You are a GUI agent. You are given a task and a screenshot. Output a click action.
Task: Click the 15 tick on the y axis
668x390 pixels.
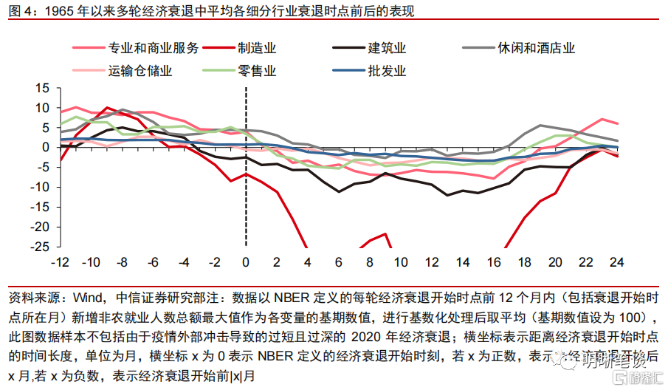[x=42, y=88]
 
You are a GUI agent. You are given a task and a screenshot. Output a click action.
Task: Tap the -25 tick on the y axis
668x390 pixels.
[x=39, y=247]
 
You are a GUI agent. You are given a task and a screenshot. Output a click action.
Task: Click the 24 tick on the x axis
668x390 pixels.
[x=617, y=263]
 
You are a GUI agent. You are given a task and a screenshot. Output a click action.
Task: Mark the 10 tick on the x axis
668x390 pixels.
[x=400, y=263]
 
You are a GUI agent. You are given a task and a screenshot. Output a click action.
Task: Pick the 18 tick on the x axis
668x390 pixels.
[x=524, y=263]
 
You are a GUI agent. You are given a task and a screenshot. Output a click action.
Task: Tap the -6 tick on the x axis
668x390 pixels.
[x=152, y=263]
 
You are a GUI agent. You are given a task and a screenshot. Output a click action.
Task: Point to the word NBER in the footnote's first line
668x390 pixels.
[x=295, y=299]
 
